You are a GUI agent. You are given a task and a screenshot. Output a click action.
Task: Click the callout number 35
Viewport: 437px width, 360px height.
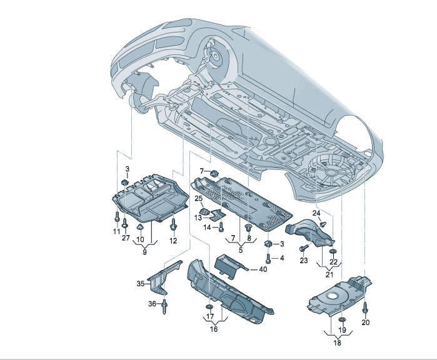(x=141, y=284)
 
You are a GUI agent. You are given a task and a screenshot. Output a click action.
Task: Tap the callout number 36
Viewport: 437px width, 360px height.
(x=152, y=304)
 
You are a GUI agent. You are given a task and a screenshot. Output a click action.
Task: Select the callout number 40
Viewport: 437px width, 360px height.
(x=263, y=269)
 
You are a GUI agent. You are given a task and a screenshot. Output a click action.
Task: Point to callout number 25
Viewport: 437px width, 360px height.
(x=199, y=199)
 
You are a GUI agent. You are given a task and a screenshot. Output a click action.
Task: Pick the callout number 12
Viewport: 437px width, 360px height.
(x=173, y=241)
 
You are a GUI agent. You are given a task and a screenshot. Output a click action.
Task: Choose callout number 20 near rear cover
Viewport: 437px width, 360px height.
(x=366, y=322)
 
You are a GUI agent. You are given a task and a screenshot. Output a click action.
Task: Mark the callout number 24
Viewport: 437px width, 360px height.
(x=316, y=214)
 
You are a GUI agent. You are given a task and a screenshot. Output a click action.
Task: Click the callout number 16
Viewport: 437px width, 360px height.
(x=214, y=329)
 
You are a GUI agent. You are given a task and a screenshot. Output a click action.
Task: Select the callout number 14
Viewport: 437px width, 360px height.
(x=207, y=227)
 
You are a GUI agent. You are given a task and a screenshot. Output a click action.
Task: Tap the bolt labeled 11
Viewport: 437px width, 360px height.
(x=117, y=218)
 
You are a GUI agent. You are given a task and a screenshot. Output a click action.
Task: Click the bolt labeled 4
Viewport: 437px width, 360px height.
(x=268, y=257)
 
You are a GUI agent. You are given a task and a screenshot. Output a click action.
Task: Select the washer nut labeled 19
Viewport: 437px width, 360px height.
(x=342, y=319)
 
